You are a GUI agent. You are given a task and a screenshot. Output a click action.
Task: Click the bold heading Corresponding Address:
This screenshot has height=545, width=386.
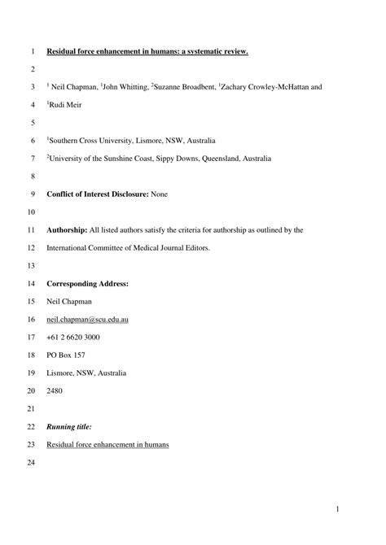click(87, 284)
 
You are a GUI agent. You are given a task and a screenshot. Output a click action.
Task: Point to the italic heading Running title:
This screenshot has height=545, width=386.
click(69, 426)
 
